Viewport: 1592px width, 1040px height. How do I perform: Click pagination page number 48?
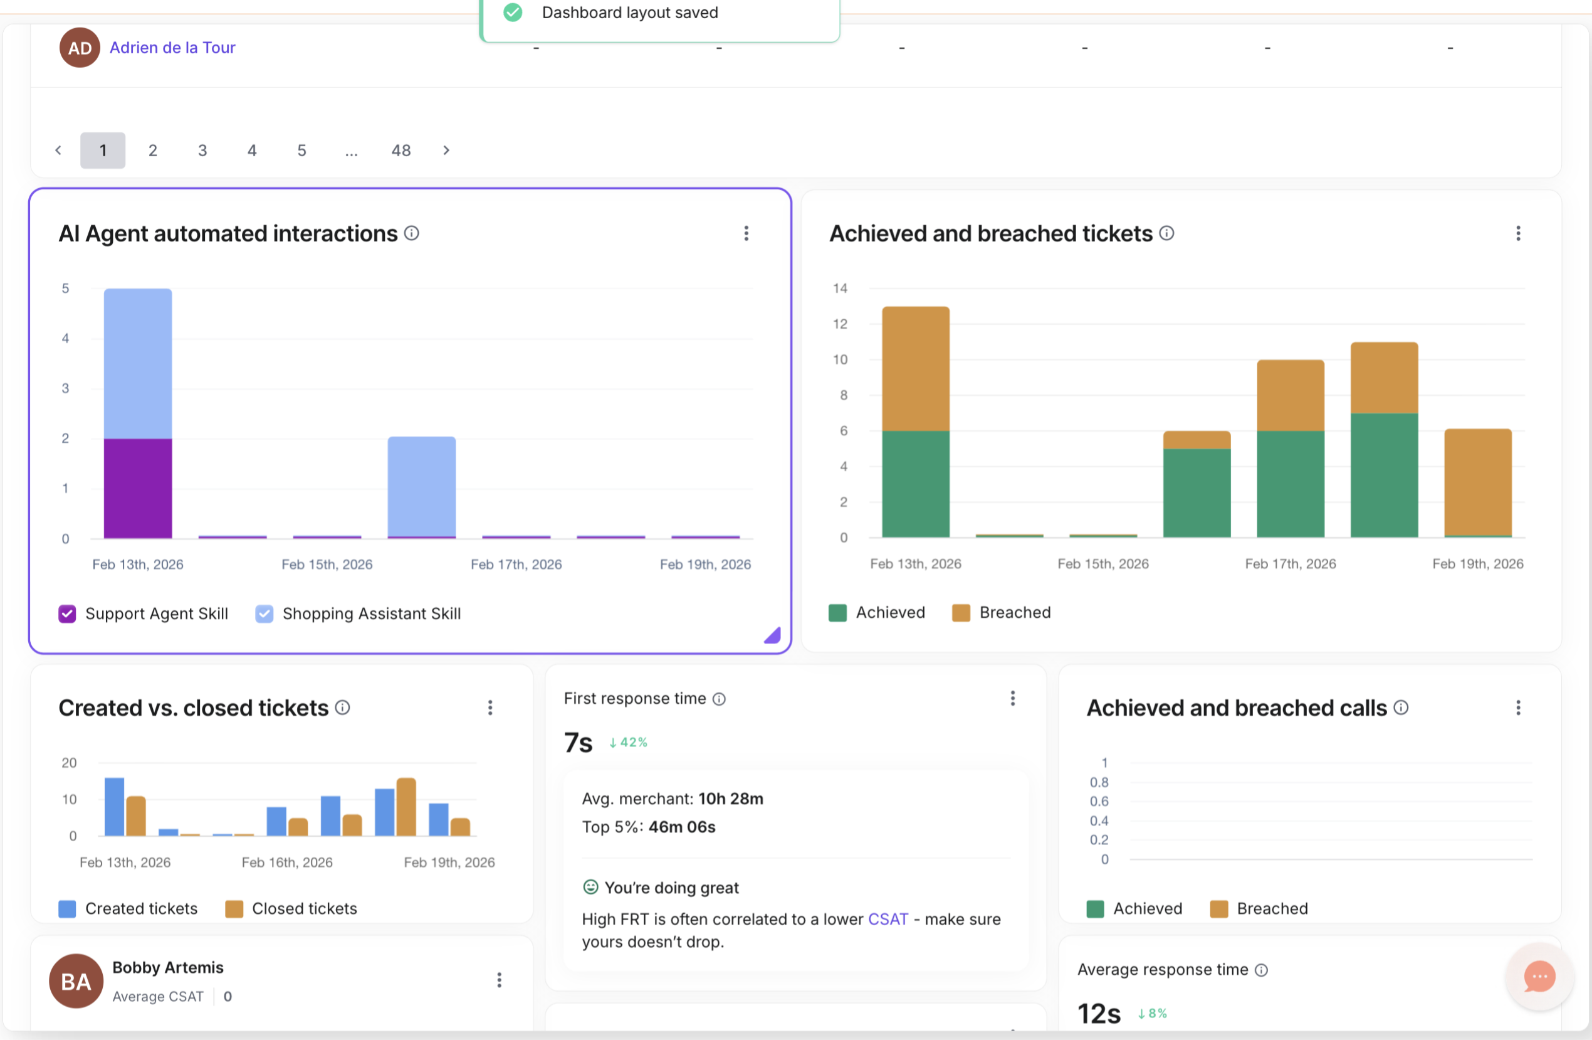coord(401,151)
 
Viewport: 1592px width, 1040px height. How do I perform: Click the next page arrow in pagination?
coord(446,151)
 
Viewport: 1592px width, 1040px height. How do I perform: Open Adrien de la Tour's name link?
coord(172,48)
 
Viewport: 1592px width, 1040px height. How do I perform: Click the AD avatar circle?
coord(80,48)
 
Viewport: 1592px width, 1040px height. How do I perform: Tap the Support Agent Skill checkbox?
coord(67,613)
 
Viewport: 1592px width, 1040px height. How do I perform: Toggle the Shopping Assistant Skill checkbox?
coord(264,613)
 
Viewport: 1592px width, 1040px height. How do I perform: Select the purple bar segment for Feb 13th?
coord(138,488)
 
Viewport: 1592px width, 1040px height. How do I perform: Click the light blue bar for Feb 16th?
coord(421,486)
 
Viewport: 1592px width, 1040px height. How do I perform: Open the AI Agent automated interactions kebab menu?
coord(746,233)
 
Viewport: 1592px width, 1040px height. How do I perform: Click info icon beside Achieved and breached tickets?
coord(1166,233)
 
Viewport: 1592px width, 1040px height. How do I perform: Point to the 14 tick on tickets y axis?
coord(839,289)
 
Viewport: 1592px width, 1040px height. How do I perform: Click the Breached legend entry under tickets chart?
coord(1002,612)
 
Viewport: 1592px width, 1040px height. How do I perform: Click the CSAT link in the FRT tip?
coord(888,919)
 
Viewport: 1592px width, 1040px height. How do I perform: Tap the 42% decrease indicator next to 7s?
coord(628,742)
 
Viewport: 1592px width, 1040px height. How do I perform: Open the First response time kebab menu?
coord(1013,699)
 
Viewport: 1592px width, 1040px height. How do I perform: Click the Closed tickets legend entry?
coord(291,908)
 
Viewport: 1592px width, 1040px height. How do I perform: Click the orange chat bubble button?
coord(1539,977)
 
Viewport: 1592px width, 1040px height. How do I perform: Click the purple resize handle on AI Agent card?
coord(773,635)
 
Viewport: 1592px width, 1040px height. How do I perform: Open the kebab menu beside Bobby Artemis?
coord(499,980)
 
